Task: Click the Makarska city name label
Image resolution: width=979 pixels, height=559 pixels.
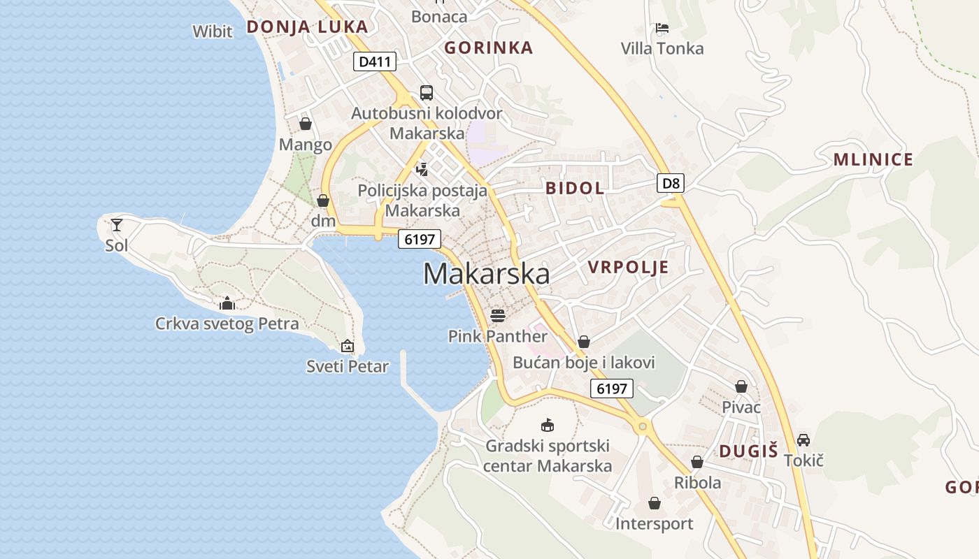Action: [486, 274]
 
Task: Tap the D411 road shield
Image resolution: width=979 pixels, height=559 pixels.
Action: [374, 61]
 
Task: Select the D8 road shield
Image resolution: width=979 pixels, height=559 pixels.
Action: [671, 184]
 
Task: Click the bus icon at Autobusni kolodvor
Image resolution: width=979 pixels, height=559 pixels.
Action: [426, 92]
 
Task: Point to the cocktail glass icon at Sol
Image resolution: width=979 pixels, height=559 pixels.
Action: [117, 225]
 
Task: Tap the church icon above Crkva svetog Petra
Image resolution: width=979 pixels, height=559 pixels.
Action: [227, 303]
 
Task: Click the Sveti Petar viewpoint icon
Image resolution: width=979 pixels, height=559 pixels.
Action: [348, 345]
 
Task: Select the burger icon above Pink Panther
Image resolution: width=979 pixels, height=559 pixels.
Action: [497, 315]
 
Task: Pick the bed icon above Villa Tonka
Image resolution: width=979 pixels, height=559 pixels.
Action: [662, 28]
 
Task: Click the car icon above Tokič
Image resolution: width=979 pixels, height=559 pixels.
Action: [803, 440]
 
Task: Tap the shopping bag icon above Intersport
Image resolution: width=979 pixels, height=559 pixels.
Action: [655, 503]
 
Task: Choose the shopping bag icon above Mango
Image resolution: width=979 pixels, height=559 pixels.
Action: [306, 124]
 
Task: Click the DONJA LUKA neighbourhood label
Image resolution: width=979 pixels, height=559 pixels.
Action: [307, 27]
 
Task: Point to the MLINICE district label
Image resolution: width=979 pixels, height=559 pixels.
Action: [873, 159]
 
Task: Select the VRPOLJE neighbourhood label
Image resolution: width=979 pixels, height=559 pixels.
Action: [628, 267]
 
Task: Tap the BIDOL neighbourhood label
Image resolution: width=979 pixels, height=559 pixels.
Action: [575, 187]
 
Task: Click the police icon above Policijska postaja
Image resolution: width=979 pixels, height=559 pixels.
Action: [422, 168]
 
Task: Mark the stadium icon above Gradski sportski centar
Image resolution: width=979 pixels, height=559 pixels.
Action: [548, 425]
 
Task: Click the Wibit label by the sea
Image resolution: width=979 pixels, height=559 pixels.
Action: [213, 31]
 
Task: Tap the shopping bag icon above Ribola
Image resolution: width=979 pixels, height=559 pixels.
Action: [697, 462]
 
